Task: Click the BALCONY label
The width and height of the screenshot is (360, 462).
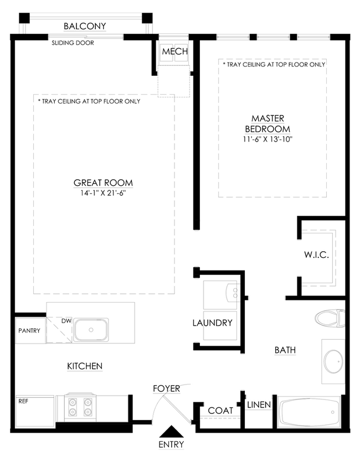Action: click(85, 26)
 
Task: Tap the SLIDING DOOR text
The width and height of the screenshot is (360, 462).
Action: click(73, 43)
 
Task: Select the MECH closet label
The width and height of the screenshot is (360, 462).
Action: click(175, 51)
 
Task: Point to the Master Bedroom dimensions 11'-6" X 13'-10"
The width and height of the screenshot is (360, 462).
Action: click(268, 139)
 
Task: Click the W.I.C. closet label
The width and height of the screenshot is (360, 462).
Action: click(316, 255)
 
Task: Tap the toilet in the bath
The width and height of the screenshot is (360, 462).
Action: click(330, 318)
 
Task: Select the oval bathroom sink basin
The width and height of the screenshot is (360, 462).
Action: click(333, 361)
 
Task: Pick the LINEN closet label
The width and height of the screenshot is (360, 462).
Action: click(259, 405)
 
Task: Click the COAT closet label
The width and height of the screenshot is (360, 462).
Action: click(220, 411)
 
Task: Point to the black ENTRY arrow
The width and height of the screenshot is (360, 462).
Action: click(171, 432)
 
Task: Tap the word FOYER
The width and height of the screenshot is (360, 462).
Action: click(166, 388)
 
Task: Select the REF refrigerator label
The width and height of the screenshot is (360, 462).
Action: click(23, 401)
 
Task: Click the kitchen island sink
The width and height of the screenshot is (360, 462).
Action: click(91, 330)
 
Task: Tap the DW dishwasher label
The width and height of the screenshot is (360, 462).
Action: click(66, 321)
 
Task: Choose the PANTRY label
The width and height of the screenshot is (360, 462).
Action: click(29, 330)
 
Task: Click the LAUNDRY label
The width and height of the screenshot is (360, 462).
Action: click(212, 323)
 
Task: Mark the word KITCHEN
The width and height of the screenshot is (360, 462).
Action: click(85, 366)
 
